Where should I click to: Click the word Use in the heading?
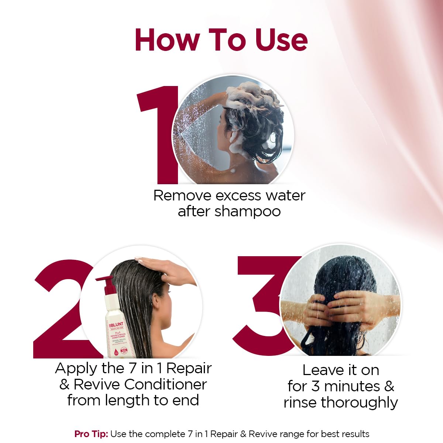pyautogui.click(x=281, y=40)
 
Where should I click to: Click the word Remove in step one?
pyautogui.click(x=182, y=195)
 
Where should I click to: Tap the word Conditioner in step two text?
pyautogui.click(x=165, y=384)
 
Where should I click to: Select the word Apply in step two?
pyautogui.click(x=76, y=368)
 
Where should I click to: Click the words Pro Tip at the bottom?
pyautogui.click(x=91, y=434)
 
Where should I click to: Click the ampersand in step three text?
pyautogui.click(x=389, y=387)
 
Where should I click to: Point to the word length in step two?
pyautogui.click(x=127, y=401)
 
